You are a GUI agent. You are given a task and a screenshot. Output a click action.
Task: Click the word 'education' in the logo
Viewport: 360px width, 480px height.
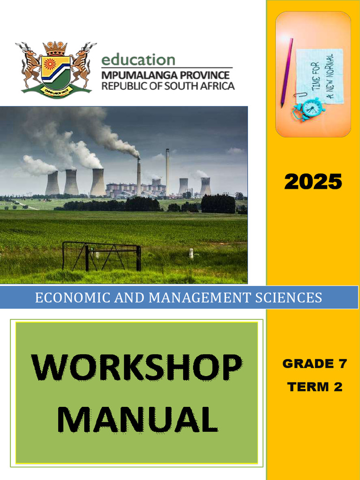pos(138,60)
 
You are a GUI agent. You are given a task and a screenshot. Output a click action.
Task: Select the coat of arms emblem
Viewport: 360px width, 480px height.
pos(56,68)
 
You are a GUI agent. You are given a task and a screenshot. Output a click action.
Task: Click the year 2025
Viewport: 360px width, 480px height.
pos(313,182)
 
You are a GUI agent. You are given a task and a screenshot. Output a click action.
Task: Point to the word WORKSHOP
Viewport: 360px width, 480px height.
pos(137,368)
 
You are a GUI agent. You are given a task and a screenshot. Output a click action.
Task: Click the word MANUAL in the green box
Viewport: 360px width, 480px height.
pos(137,419)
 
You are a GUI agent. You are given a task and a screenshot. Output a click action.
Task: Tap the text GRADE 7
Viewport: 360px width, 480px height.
pos(315,363)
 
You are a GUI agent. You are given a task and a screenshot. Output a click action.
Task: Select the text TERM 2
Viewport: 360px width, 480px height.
pos(315,387)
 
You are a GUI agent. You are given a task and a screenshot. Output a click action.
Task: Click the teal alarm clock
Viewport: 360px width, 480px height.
pos(310,109)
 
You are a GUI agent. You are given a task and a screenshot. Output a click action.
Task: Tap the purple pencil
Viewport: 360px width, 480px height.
pos(287,73)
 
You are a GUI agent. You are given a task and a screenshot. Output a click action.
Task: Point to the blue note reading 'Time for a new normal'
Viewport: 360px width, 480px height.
pos(320,75)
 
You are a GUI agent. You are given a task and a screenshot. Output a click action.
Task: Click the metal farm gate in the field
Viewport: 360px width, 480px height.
pos(101,256)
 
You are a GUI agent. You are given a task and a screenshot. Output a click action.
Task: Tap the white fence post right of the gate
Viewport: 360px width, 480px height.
pos(191,254)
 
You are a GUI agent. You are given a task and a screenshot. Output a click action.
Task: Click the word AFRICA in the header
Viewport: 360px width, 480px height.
pos(215,86)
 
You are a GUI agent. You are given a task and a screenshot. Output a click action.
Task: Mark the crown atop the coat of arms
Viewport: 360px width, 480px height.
pos(55,48)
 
